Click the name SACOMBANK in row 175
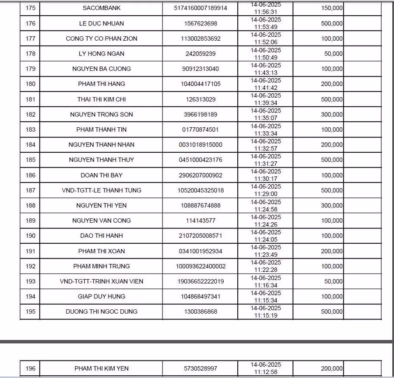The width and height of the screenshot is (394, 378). pyautogui.click(x=102, y=8)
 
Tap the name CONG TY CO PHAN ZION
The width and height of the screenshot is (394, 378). pyautogui.click(x=102, y=38)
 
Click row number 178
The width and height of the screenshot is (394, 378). pyautogui.click(x=30, y=54)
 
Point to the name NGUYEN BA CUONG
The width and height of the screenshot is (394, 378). pyautogui.click(x=102, y=69)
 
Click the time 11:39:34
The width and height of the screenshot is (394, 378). pyautogui.click(x=266, y=103)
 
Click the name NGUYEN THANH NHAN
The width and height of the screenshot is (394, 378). pyautogui.click(x=102, y=145)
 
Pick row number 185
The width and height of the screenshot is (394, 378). pyautogui.click(x=30, y=160)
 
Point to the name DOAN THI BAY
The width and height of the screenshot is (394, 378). pyautogui.click(x=102, y=175)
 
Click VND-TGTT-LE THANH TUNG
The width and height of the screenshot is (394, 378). pyautogui.click(x=102, y=190)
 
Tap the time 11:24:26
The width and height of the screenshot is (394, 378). pyautogui.click(x=266, y=224)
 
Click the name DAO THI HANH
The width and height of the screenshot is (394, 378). pyautogui.click(x=102, y=236)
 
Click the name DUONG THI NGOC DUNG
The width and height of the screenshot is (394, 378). pyautogui.click(x=102, y=311)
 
